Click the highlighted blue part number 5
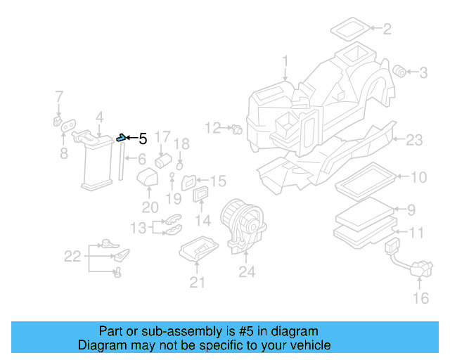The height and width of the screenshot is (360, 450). click(122, 137)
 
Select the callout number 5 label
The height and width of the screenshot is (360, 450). click(142, 139)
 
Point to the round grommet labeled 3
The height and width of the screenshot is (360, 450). click(399, 70)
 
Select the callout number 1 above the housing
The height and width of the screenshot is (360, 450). click(285, 62)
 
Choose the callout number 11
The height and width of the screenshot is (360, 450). click(417, 233)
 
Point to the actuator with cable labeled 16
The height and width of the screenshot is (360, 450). click(415, 267)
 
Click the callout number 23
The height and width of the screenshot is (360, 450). click(414, 141)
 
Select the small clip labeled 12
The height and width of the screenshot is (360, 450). click(237, 129)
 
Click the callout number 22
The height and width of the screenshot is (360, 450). click(73, 257)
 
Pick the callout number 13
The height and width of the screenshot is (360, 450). click(139, 228)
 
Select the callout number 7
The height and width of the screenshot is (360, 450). click(59, 96)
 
